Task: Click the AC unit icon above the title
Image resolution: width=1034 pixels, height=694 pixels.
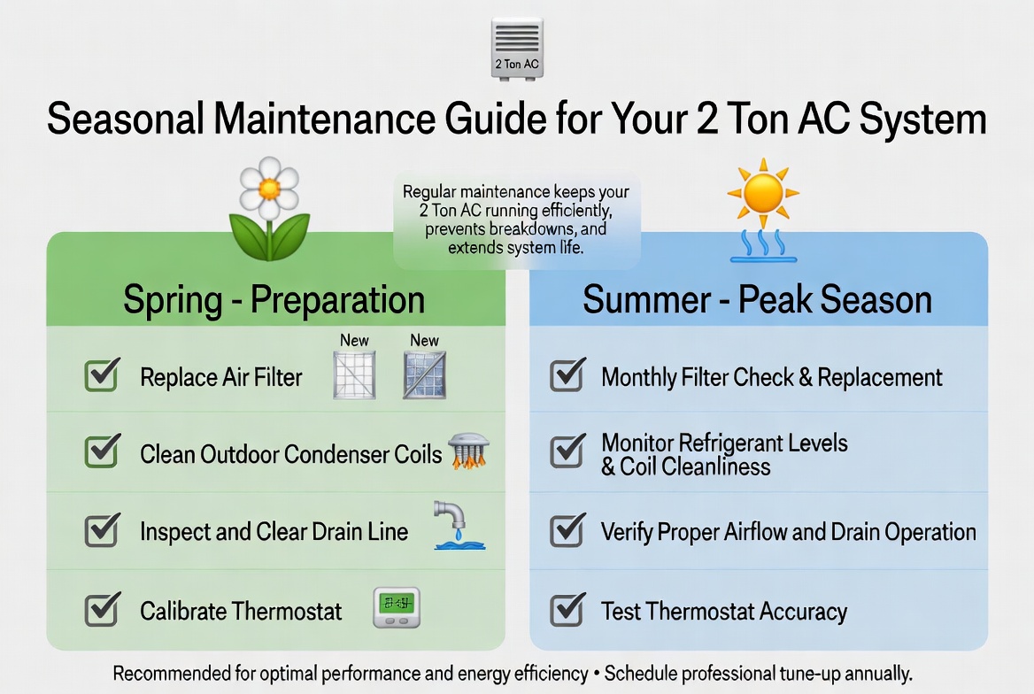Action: coord(516,50)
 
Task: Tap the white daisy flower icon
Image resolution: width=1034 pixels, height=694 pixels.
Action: coord(269,188)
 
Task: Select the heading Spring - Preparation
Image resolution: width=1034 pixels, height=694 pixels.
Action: coord(274,300)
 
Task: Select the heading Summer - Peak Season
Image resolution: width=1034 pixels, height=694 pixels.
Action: coord(757,300)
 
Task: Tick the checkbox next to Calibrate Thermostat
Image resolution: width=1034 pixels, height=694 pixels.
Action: coord(102,610)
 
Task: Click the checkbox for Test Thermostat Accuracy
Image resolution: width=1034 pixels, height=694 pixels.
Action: coord(567,610)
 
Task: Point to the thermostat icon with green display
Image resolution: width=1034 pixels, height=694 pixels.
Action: coord(396,608)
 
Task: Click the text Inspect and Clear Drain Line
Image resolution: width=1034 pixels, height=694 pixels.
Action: coord(274,532)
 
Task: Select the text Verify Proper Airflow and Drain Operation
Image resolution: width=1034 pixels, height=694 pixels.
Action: coord(788,532)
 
